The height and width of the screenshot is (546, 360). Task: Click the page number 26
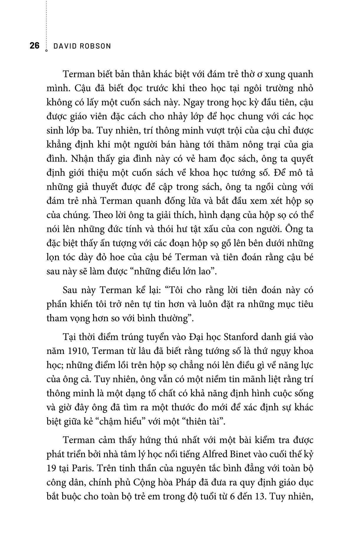(34, 46)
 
